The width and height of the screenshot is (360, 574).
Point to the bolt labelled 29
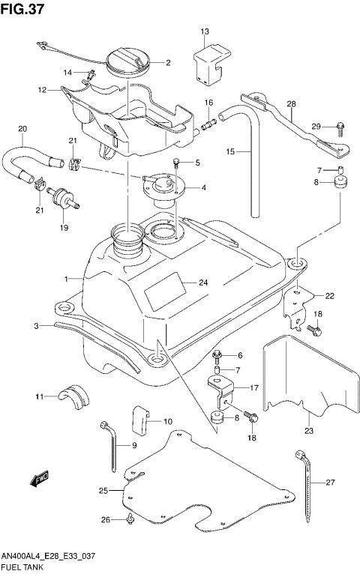[339, 126]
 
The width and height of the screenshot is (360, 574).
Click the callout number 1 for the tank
[66, 279]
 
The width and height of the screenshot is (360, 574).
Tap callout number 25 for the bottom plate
[104, 490]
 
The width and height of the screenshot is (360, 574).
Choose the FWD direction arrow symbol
[39, 477]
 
